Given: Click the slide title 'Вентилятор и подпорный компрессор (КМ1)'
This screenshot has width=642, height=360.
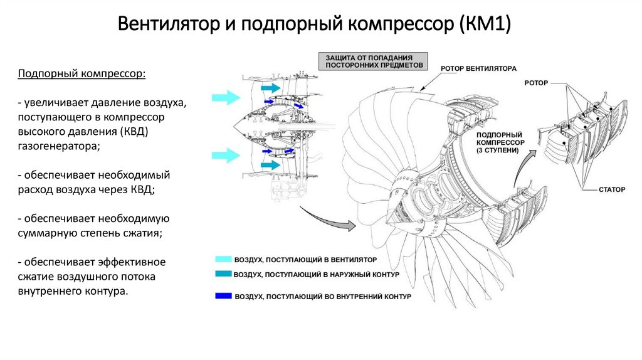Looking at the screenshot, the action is pos(314,24).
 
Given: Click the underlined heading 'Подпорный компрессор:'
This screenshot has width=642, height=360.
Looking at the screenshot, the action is pos(82,74).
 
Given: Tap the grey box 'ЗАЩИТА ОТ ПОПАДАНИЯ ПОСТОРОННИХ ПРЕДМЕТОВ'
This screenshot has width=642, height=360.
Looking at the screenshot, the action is pos(373,61).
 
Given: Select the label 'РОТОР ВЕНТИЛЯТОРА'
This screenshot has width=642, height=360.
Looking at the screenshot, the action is pos(478,69).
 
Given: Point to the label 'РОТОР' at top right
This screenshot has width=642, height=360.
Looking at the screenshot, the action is pos(536,83).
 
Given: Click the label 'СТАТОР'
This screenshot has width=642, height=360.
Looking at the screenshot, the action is pos(612,189).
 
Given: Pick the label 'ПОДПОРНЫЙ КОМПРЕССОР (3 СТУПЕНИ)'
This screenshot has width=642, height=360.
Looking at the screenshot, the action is pos(500,142).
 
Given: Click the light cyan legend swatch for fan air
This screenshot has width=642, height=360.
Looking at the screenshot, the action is pos(224,259).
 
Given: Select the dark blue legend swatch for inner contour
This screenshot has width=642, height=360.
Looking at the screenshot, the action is pos(224,295).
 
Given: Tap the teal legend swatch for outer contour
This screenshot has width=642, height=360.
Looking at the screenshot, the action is pos(224,273).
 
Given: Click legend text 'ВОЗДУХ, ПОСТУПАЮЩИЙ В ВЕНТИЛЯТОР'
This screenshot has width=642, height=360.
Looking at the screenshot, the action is pos(305,260).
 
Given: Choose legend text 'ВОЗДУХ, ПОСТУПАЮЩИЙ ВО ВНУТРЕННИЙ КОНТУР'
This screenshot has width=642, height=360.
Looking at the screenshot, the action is pos(323,296).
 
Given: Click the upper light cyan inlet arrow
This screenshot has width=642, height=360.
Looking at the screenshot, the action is pos(226,98).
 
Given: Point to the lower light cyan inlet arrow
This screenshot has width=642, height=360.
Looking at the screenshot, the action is pos(226,155).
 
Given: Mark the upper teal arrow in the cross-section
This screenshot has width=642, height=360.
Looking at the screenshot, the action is pos(271,88).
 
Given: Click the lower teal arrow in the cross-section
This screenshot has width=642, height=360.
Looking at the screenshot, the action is pos(271,165).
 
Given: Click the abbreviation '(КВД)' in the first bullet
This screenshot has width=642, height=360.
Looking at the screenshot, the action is pos(134,132).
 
